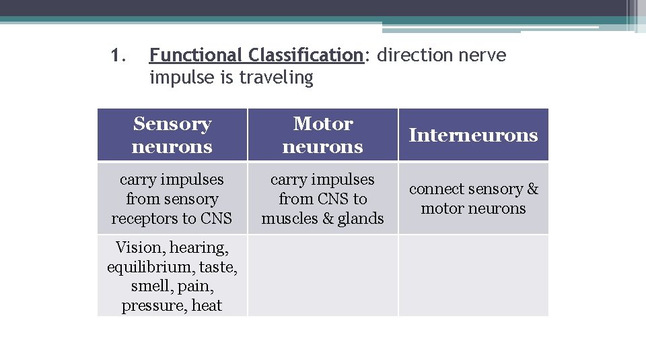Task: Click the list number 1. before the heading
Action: pyautogui.click(x=118, y=55)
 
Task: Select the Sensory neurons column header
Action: pyautogui.click(x=172, y=135)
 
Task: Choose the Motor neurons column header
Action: pyautogui.click(x=323, y=135)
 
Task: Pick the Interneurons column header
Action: pyautogui.click(x=474, y=135)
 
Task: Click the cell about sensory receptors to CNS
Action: pyautogui.click(x=172, y=199)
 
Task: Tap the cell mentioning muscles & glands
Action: pyautogui.click(x=323, y=199)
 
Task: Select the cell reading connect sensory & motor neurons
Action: pyautogui.click(x=474, y=199)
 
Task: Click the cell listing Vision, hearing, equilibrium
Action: pyautogui.click(x=172, y=276)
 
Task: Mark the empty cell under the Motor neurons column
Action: pyautogui.click(x=323, y=276)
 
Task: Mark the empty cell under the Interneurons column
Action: pyautogui.click(x=474, y=276)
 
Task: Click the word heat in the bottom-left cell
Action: pyautogui.click(x=207, y=305)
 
